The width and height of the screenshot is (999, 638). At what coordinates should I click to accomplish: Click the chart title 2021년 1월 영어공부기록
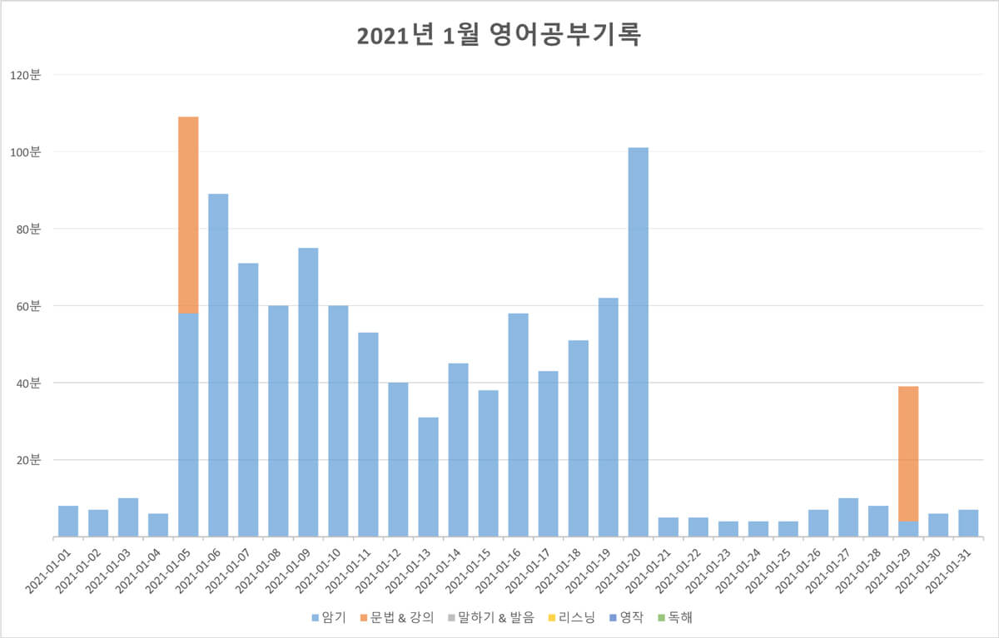499,37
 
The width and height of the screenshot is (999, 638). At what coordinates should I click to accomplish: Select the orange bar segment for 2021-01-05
188,215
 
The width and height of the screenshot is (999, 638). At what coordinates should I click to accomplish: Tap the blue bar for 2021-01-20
639,341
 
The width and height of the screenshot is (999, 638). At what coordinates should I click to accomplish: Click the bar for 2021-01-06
218,366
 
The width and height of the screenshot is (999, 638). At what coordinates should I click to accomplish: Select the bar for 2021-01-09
308,391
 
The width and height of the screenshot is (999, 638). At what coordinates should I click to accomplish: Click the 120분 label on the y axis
25,75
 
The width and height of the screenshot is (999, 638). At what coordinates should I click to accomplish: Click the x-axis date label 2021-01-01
52,569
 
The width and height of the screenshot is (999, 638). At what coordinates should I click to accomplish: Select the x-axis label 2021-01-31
952,569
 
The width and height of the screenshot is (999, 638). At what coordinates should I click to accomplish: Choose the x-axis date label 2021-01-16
501,569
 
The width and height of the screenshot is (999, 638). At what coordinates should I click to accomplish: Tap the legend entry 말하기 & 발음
494,617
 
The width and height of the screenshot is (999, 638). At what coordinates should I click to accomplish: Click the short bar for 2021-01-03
128,517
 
